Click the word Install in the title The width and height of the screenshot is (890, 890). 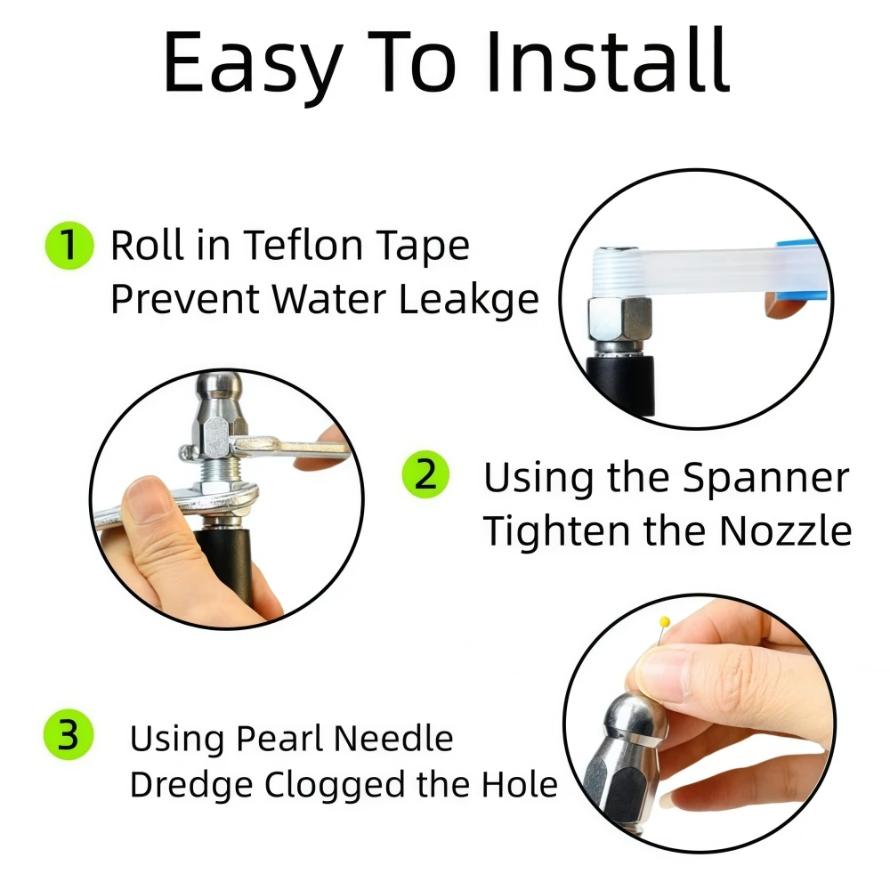coord(607,61)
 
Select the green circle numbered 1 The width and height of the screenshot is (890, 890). coord(69,246)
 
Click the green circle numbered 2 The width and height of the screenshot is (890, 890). coord(425,474)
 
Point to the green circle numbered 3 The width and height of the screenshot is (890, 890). coord(69,734)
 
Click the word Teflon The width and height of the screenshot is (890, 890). coord(303,246)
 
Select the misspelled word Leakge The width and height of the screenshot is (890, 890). coord(469,300)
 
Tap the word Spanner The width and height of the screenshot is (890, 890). coord(765,477)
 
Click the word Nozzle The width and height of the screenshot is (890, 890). coord(786,531)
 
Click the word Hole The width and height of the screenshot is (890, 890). coord(520,784)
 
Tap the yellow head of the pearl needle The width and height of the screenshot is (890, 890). coord(665,622)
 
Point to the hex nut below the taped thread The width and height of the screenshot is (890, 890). coord(619,319)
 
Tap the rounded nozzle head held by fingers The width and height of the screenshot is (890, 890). coord(635,717)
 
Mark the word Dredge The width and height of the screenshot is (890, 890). coord(190,786)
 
